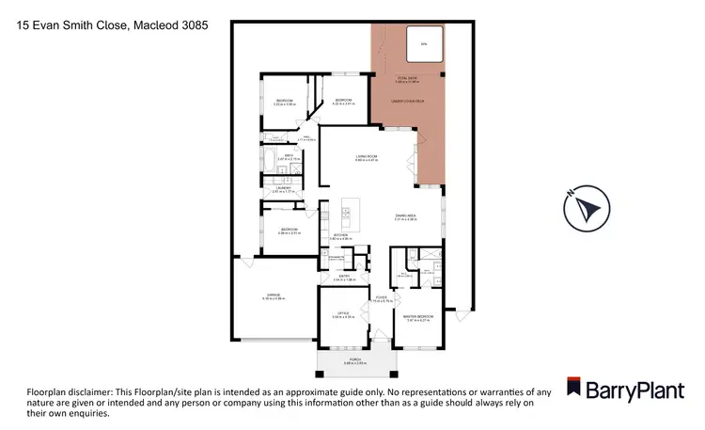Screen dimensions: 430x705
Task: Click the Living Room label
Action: pos(366,158)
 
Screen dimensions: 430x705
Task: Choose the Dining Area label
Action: pos(406,217)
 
